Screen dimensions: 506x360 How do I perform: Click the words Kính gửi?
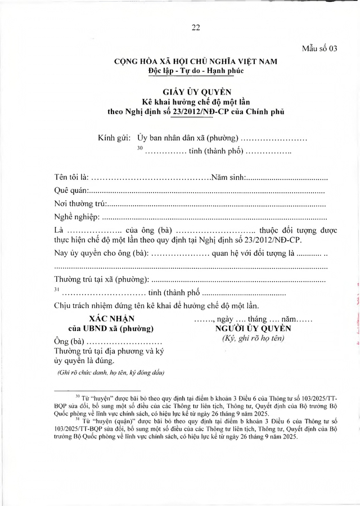tap(115, 138)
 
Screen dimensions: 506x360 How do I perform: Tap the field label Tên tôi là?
tap(71, 178)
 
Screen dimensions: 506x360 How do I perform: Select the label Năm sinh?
tap(227, 178)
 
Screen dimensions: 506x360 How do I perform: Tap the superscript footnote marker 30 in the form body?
tap(141, 148)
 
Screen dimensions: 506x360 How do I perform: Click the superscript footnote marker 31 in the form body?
tap(56, 289)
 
